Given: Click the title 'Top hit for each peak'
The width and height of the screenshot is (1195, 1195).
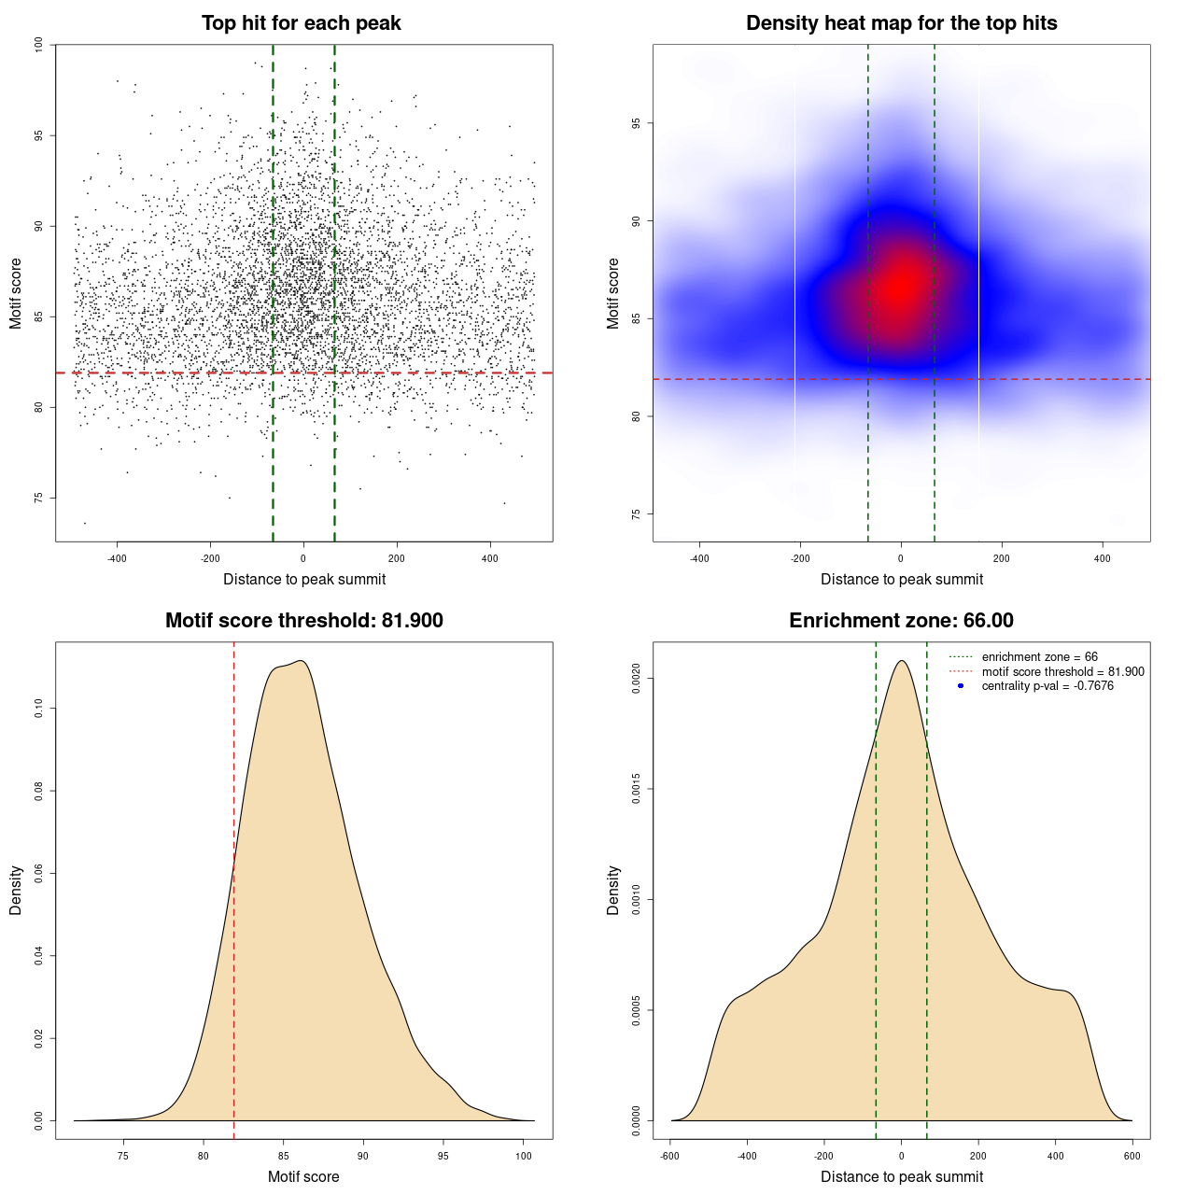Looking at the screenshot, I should [x=302, y=23].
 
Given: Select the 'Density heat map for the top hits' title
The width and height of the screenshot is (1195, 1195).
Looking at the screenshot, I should [x=901, y=23].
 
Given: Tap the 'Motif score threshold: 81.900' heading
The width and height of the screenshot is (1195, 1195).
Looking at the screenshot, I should [x=303, y=621].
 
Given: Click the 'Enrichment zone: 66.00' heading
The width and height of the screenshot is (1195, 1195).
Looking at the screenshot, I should [x=901, y=621].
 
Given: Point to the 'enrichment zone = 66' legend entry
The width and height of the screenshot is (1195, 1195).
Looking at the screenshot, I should [x=1039, y=657].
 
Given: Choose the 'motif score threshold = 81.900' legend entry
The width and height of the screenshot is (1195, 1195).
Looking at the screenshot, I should [x=1062, y=671].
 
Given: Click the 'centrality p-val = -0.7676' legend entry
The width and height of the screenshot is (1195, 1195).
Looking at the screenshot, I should [x=1047, y=686].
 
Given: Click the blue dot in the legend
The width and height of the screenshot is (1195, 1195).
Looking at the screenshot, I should [x=961, y=686].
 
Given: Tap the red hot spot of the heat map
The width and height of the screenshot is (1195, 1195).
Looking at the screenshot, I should [x=901, y=285].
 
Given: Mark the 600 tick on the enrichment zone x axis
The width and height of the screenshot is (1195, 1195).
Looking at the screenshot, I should [x=1132, y=1156].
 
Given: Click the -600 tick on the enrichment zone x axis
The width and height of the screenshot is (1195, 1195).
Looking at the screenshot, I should [x=670, y=1156].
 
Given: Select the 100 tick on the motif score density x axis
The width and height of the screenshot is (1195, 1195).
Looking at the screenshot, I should [x=524, y=1156].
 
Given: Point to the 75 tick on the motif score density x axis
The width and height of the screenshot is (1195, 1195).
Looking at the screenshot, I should [x=123, y=1156].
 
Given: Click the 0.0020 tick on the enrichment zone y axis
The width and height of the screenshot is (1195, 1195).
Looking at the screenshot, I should [x=637, y=679].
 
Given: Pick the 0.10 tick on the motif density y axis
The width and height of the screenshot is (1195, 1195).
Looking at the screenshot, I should [x=39, y=709].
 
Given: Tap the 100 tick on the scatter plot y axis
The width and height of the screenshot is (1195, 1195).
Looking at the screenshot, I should [x=39, y=45].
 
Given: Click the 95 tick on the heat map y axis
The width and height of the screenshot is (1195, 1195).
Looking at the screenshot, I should [x=637, y=123].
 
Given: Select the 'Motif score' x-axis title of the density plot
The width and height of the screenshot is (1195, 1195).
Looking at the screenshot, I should [x=303, y=1176].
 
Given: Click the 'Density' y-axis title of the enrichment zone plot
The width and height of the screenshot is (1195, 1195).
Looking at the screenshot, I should [x=613, y=890].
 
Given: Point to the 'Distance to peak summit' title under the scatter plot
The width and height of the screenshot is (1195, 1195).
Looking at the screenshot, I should [x=304, y=579].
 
